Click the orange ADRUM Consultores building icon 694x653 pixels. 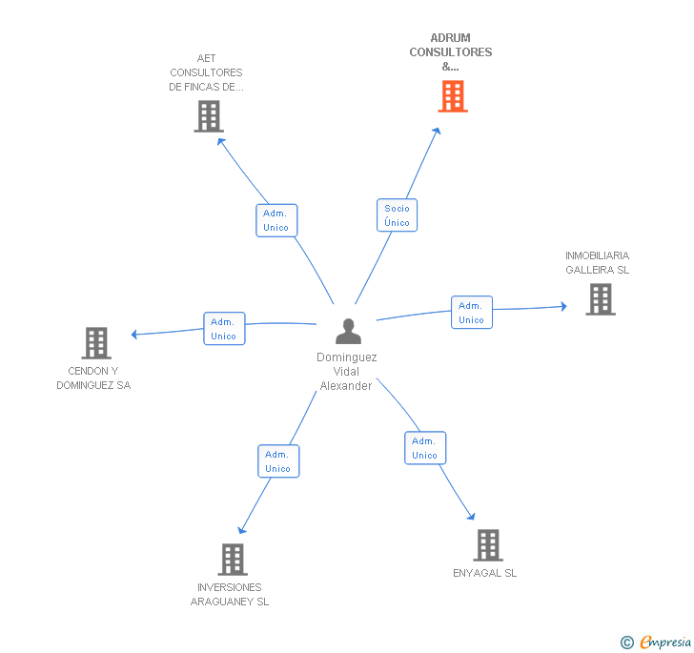453,96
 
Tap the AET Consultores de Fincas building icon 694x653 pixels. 208,116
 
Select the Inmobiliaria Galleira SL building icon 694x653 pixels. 600,299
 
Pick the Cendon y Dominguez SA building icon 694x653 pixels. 95,343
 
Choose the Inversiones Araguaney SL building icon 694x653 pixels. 233,560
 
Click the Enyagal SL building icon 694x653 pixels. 487,545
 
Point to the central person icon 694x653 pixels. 349,332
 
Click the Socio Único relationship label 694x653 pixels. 397,215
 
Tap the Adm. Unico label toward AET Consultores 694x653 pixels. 276,220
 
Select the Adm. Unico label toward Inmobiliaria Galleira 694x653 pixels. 471,313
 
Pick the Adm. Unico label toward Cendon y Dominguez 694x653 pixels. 224,329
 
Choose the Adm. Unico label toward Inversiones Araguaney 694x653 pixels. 278,461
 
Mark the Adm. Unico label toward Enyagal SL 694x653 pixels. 424,448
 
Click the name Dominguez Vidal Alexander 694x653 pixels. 347,372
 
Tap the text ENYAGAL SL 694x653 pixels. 485,573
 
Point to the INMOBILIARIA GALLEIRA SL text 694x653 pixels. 598,262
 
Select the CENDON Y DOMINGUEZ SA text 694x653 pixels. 93,378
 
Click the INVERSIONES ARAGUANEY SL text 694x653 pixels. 230,594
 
